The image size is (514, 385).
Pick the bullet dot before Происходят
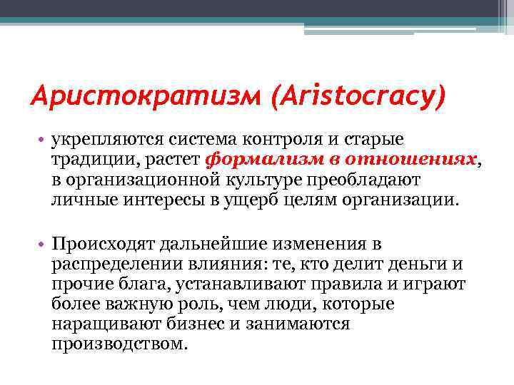43,243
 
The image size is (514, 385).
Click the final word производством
119,344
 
